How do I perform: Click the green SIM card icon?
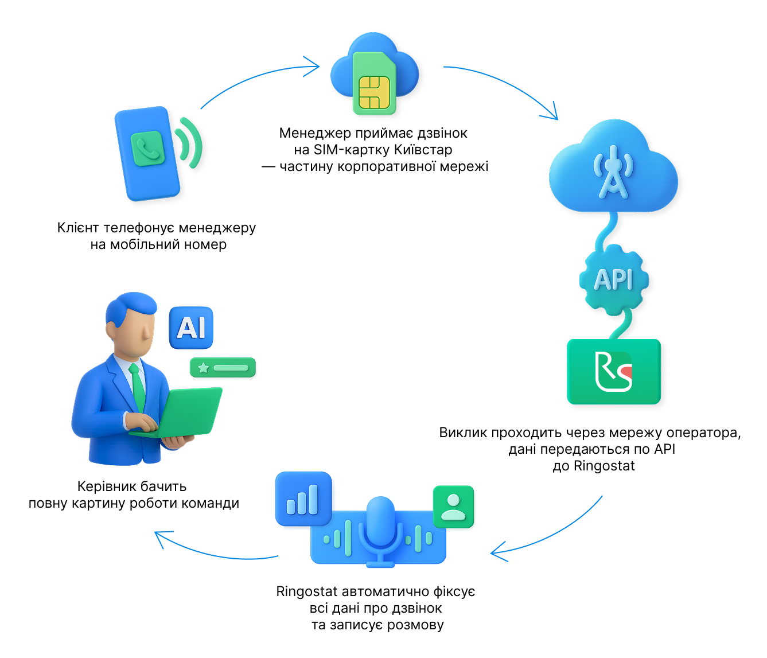point(375,83)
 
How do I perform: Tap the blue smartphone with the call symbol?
point(147,153)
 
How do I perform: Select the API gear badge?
point(614,280)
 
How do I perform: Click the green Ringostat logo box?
point(614,372)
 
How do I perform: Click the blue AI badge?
point(191,328)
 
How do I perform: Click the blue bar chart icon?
point(303,499)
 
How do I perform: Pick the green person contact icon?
point(453,507)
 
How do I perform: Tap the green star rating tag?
point(223,368)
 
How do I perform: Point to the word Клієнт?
point(78,228)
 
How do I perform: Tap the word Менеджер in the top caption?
point(315,133)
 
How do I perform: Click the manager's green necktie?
point(138,387)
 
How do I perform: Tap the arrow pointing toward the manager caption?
point(212,551)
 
